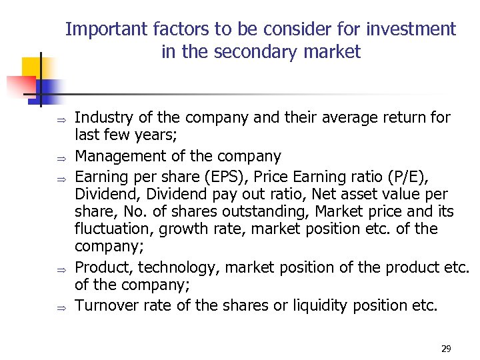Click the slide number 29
click(446, 349)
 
